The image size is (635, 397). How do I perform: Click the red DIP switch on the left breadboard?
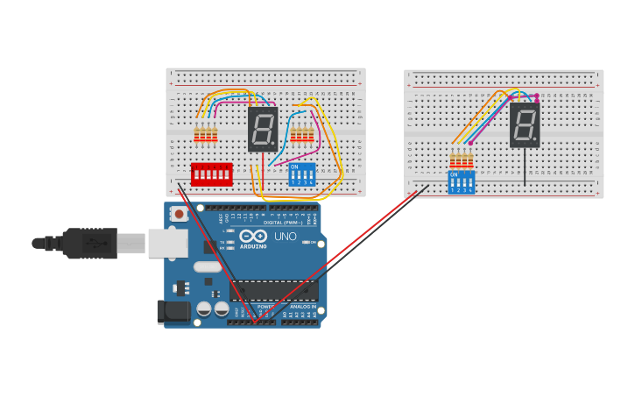211,174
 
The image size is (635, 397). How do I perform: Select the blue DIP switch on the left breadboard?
301,174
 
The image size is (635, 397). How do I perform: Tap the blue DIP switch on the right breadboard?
461,181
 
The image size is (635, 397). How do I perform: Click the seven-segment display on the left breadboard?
263,130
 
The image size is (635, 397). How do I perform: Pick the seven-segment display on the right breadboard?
525,124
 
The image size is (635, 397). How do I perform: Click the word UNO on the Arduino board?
286,236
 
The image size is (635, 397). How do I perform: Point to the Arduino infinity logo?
253,236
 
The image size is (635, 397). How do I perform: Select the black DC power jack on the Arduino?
173,311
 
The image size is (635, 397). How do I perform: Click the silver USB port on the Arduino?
167,243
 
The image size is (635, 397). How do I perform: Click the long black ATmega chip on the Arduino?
272,290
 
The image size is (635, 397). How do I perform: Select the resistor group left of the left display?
206,134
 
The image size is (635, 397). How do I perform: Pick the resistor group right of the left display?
301,134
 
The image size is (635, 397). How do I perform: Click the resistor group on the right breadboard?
461,160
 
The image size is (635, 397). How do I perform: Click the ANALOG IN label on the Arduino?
302,307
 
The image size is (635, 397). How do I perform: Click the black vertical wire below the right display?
525,167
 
